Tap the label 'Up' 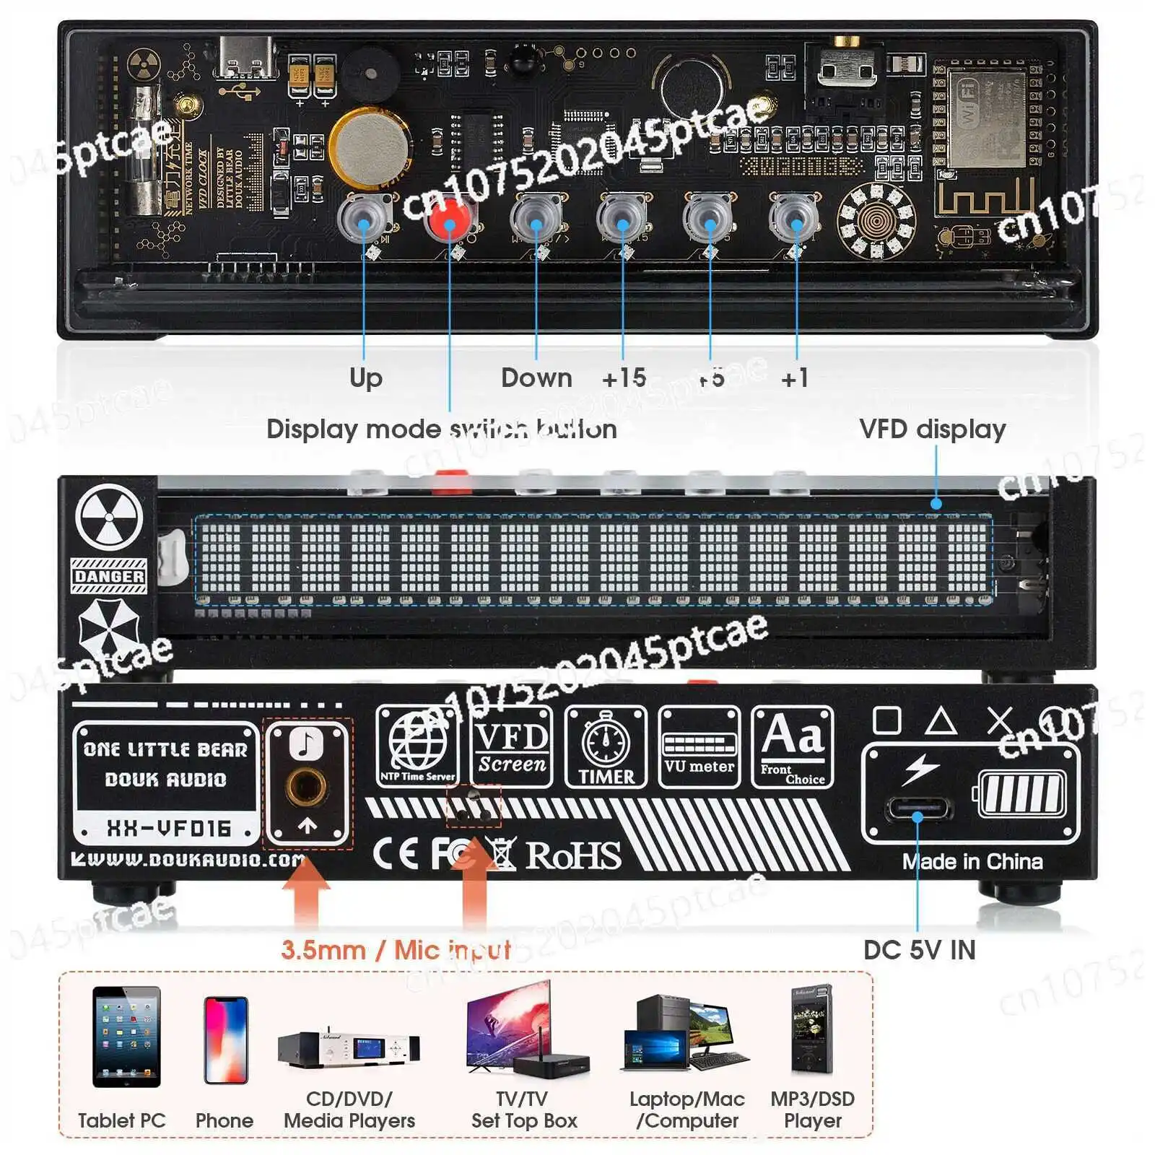[x=365, y=378]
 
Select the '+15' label [x=624, y=378]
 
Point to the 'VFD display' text [x=932, y=429]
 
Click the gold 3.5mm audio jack [x=307, y=786]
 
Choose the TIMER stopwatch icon [x=606, y=746]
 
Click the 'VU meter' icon [x=699, y=746]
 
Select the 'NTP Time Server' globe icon [x=417, y=746]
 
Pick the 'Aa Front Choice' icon [x=793, y=746]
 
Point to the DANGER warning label [x=109, y=576]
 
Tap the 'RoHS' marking [x=572, y=855]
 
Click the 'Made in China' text [x=972, y=861]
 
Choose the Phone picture [x=226, y=1040]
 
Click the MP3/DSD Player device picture [x=812, y=1030]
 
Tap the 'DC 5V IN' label [x=919, y=950]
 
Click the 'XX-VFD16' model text [x=169, y=828]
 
